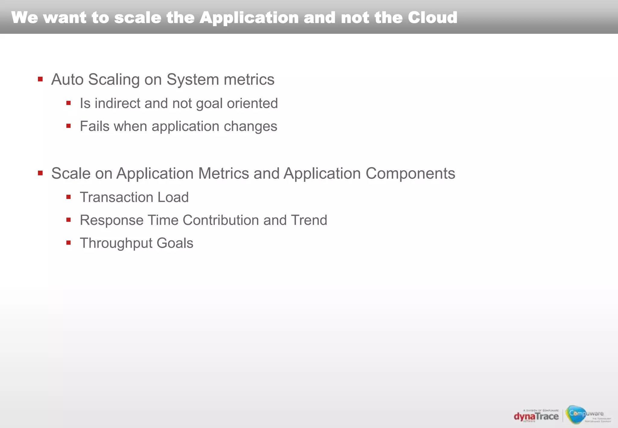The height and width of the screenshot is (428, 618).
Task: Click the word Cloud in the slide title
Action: pos(432,18)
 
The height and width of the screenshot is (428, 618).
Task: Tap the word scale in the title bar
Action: pos(138,18)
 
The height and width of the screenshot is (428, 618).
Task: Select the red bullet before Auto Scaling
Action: pos(40,79)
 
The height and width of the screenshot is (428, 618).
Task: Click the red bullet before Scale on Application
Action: pos(40,173)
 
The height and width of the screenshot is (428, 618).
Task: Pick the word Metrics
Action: pos(224,173)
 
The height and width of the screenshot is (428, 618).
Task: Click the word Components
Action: pos(410,173)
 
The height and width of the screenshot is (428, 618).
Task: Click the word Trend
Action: pos(309,220)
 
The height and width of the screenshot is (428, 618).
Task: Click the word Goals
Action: pos(175,243)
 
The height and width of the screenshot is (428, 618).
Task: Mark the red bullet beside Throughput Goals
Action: pos(68,243)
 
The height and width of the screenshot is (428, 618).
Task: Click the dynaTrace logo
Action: pos(536,416)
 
